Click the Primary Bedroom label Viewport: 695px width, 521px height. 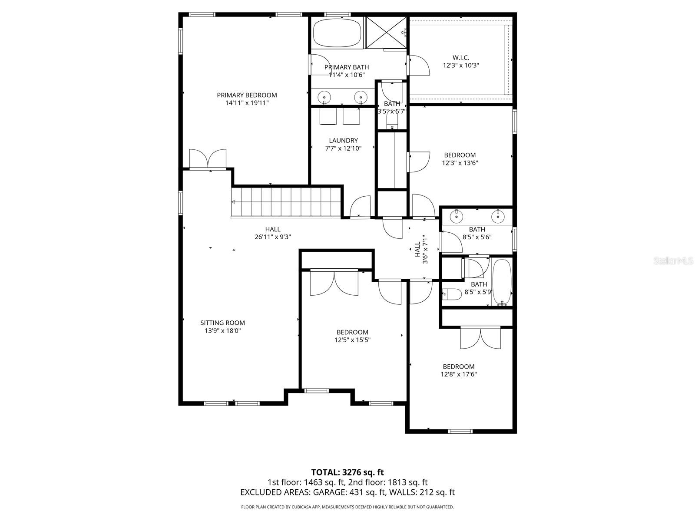(x=247, y=95)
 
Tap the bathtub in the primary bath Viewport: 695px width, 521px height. (x=337, y=33)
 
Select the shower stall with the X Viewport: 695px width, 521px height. (x=386, y=33)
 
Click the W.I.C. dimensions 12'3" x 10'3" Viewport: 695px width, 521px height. (x=461, y=66)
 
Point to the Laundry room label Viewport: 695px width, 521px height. (x=343, y=140)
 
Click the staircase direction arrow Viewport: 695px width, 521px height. (x=233, y=202)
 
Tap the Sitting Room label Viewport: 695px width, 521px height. (x=222, y=323)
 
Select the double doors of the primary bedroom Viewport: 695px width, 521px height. (x=208, y=159)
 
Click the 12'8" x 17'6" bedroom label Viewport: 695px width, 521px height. (x=459, y=366)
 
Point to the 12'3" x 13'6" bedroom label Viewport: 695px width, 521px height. (x=460, y=155)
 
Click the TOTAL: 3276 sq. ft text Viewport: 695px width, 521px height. (x=347, y=472)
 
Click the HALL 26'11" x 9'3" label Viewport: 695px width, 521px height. (x=273, y=229)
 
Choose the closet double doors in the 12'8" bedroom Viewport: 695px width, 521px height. (x=480, y=338)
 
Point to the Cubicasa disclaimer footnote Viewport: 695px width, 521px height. (x=347, y=507)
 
